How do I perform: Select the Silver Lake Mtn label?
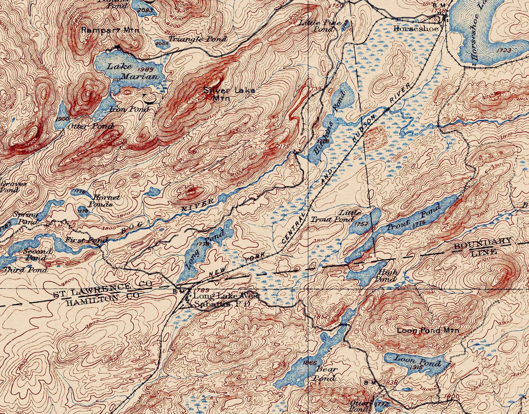(229, 94)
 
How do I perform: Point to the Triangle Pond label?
(198, 39)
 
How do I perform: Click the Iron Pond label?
(129, 109)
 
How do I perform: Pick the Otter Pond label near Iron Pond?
(90, 126)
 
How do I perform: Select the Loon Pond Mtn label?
(428, 330)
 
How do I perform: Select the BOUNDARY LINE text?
(483, 246)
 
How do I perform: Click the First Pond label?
(86, 240)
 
